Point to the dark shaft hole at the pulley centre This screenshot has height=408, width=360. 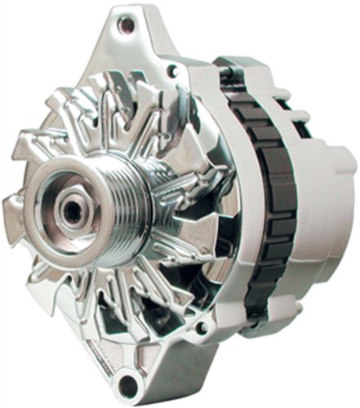[73, 208]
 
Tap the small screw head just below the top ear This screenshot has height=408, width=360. [171, 72]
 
